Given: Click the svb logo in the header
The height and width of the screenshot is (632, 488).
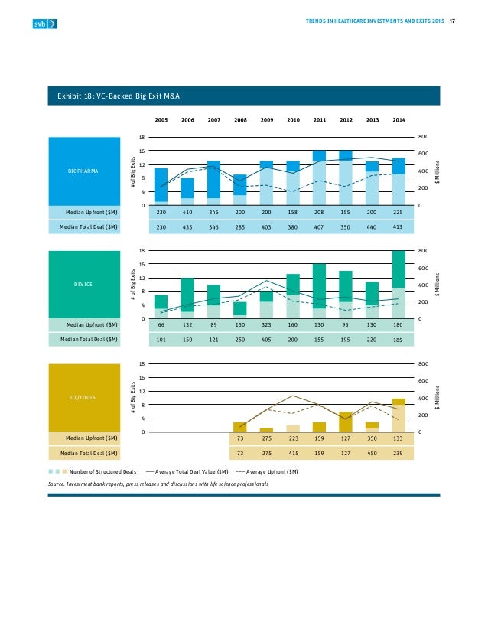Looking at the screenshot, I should (x=44, y=24).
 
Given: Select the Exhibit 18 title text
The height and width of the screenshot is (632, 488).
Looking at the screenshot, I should (x=119, y=96).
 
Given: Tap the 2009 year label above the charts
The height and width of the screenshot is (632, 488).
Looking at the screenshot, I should (x=267, y=120).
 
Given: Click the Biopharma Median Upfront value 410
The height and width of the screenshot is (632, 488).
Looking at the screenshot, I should (x=187, y=213).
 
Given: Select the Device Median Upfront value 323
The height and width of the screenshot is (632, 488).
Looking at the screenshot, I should (x=267, y=326).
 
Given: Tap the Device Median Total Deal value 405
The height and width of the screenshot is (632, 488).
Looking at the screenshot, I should (x=267, y=340).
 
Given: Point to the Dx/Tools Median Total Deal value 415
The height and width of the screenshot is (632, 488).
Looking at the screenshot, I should (x=293, y=454).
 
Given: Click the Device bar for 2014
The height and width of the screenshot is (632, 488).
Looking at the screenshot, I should (x=399, y=284).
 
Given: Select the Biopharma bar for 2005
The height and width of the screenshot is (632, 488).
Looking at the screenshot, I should (x=161, y=186).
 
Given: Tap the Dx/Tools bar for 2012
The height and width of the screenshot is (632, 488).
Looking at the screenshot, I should (x=346, y=422).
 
